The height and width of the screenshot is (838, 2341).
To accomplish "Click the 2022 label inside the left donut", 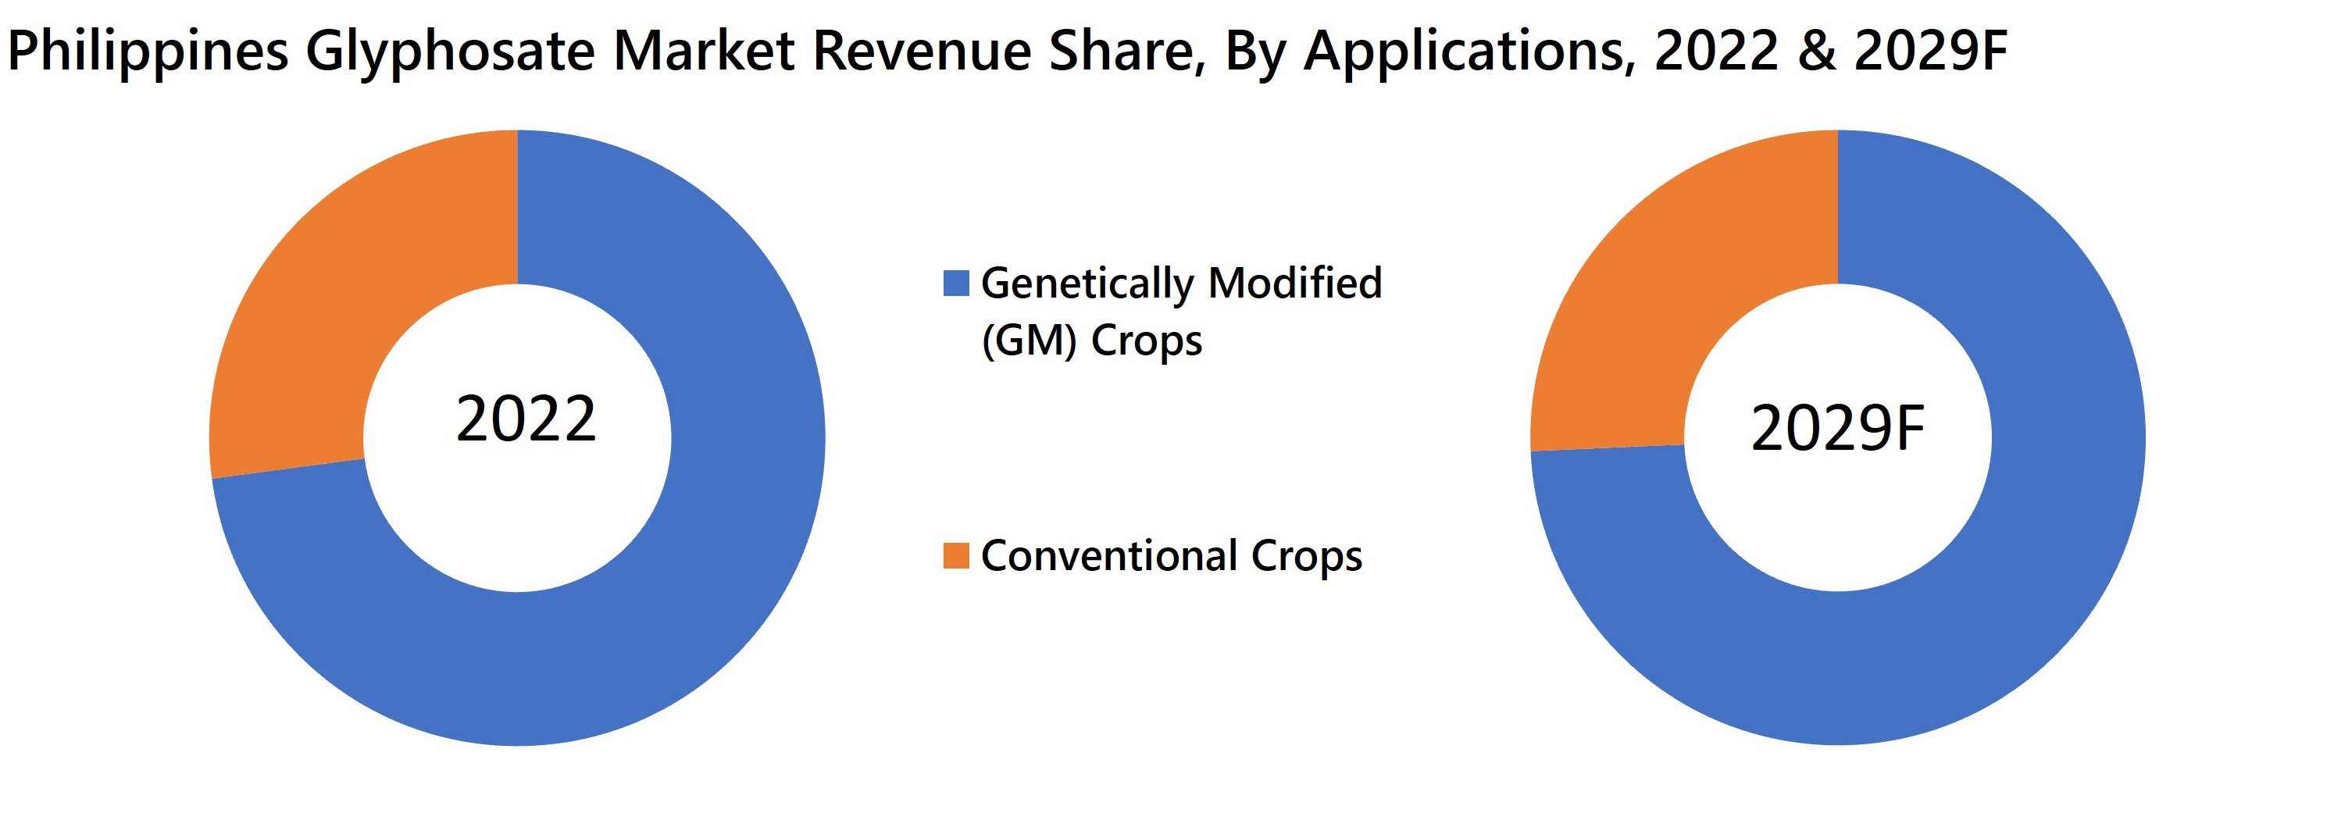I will [525, 420].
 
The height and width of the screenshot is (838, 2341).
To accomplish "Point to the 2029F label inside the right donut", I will [1837, 429].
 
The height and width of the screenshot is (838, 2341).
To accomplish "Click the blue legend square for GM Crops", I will [956, 283].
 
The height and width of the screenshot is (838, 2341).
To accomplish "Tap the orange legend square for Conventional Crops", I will [956, 555].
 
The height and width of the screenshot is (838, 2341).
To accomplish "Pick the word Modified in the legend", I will [1294, 283].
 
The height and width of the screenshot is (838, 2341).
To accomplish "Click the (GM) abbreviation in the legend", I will [1029, 341].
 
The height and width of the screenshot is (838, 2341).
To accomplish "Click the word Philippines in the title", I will [147, 52].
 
